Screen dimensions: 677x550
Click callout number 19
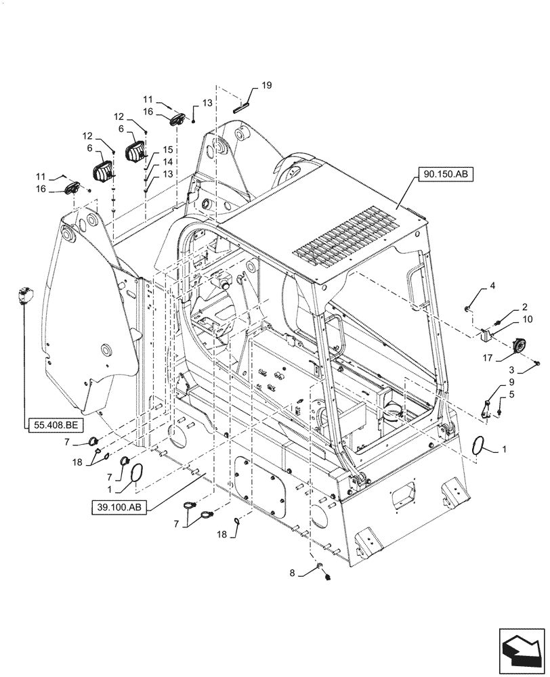tap(266, 85)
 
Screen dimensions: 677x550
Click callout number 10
tap(508, 320)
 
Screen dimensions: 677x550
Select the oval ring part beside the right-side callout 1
tap(480, 447)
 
